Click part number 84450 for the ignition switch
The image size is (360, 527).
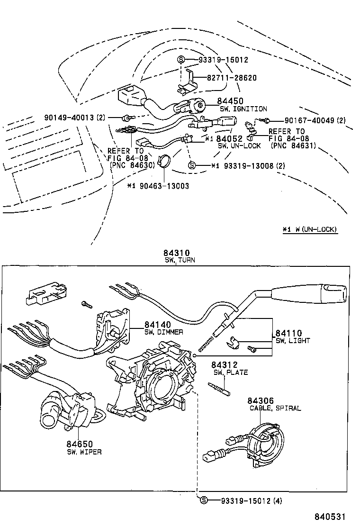230,101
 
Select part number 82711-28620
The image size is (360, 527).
231,78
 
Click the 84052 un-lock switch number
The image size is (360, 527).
230,139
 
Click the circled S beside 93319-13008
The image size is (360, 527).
192,165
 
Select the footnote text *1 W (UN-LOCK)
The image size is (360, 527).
310,229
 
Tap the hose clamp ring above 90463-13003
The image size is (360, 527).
164,162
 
